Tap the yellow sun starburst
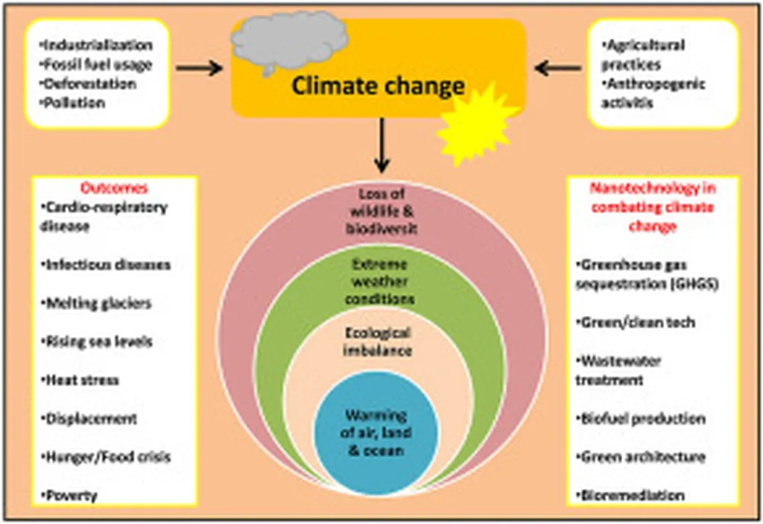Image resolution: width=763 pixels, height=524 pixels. [x=477, y=124]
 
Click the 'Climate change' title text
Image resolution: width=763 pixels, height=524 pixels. [x=378, y=86]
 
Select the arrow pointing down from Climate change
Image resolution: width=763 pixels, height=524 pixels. [x=381, y=145]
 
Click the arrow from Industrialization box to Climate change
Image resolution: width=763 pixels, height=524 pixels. [x=200, y=69]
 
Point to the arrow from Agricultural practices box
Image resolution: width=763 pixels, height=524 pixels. [x=558, y=69]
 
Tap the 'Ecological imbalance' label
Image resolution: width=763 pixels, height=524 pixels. [x=377, y=341]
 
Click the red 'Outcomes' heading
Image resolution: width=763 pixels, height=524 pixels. [x=114, y=188]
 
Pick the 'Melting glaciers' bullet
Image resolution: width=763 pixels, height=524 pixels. [x=99, y=303]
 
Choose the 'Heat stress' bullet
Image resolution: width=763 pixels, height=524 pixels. [x=83, y=380]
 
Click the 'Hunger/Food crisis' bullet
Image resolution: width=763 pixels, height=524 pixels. [x=109, y=457]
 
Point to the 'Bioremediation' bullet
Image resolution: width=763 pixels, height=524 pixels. [x=633, y=495]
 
